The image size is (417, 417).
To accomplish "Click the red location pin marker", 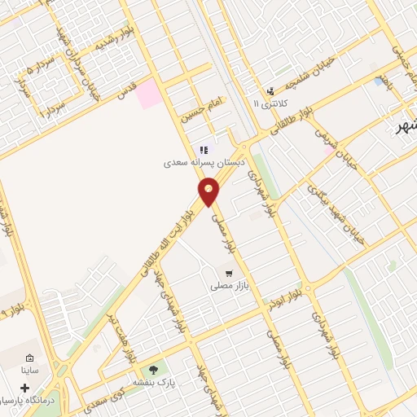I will pos(209,192).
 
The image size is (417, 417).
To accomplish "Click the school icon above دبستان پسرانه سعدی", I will pos(204,150).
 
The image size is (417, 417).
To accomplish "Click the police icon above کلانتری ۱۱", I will pos(270,91).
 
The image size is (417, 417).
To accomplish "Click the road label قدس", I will pos(125,93).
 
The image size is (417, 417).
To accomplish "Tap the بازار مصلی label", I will pos(229,286).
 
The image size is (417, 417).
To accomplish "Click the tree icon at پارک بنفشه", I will pos(152,371).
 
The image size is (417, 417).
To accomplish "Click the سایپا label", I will pos(30,371).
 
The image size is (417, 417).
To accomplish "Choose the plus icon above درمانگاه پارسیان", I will pos(24,388).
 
